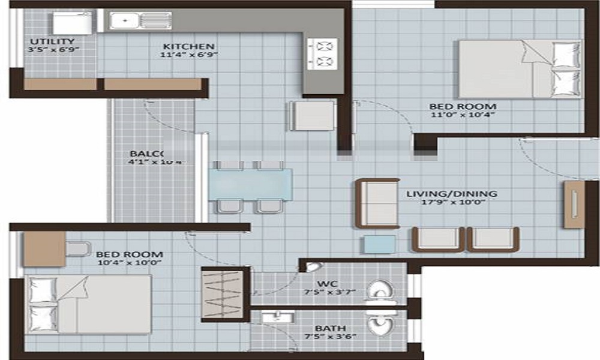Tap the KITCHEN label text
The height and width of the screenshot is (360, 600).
[188, 46]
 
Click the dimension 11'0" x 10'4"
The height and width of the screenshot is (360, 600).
[462, 116]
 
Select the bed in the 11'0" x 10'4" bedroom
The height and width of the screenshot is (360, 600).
[520, 69]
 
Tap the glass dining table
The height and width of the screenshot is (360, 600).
[251, 183]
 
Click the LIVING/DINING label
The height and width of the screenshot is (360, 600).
[451, 194]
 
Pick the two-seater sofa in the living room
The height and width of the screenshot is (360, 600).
[377, 203]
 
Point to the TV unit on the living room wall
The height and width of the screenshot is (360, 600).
[574, 205]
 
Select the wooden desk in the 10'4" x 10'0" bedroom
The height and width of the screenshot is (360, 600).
[44, 249]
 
